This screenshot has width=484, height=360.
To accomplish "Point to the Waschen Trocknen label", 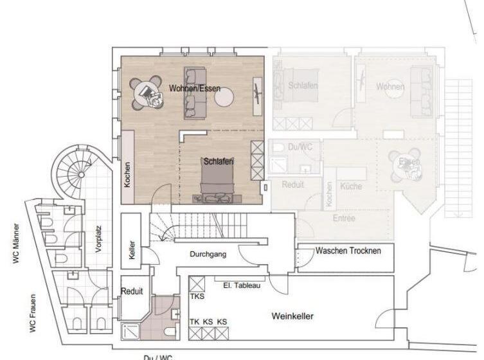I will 348,250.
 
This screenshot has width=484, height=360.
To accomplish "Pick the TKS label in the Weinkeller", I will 197,297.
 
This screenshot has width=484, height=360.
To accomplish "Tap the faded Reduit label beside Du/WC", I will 292,184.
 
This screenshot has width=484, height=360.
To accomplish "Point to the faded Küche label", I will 351,186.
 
